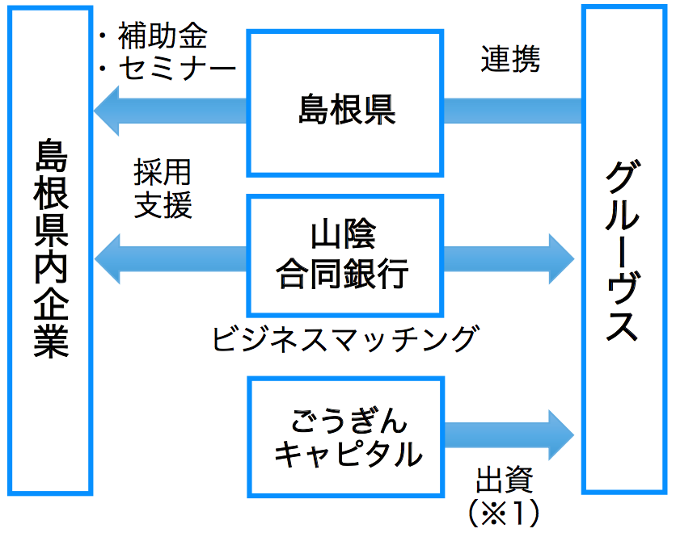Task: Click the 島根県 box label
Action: (x=347, y=110)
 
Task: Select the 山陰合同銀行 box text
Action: (x=343, y=254)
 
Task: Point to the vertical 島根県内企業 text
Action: (x=51, y=249)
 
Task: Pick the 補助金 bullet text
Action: (x=163, y=36)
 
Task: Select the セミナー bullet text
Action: (x=177, y=69)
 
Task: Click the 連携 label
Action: (x=510, y=59)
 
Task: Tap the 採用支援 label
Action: (x=163, y=188)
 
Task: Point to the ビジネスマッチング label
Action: (x=346, y=339)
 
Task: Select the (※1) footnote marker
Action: (x=504, y=512)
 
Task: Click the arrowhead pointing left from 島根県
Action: (x=107, y=111)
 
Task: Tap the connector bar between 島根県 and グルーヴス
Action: (x=513, y=111)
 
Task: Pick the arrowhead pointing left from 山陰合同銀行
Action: (x=108, y=259)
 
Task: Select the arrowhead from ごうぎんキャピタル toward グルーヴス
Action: (x=561, y=435)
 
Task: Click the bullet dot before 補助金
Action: (x=103, y=36)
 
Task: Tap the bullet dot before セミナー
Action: (x=103, y=69)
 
